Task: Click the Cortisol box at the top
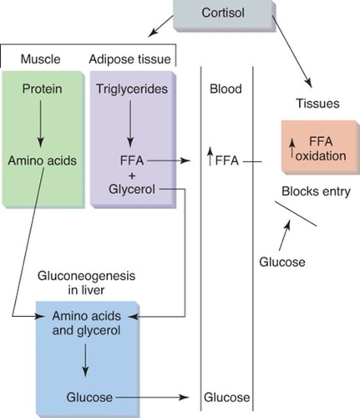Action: (223, 14)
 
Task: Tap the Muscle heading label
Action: (40, 59)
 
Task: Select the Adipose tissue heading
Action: (130, 59)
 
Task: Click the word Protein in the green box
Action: (42, 89)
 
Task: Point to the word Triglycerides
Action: (132, 89)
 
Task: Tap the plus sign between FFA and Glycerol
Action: (132, 176)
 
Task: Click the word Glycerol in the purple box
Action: (132, 190)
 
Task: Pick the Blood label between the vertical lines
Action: (226, 89)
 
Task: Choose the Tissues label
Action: (318, 103)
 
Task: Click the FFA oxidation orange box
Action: (320, 148)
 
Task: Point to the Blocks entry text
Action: (316, 192)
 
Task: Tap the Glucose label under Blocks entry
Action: (282, 262)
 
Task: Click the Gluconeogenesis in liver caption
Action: (86, 283)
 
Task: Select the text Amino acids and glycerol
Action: (86, 323)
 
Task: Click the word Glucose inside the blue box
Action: (89, 397)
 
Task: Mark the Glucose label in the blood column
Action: (227, 397)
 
